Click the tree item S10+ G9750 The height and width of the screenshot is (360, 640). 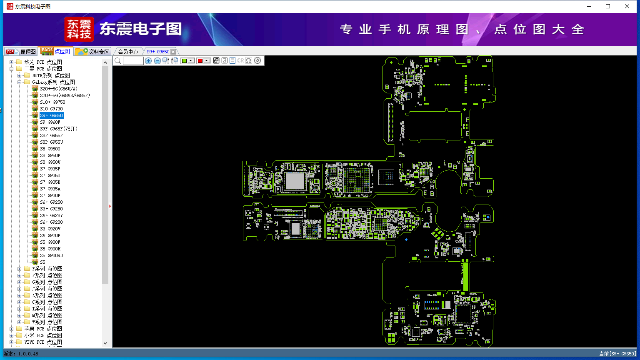pyautogui.click(x=52, y=102)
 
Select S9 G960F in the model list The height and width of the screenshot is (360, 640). pyautogui.click(x=50, y=122)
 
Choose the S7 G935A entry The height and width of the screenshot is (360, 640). pyautogui.click(x=50, y=189)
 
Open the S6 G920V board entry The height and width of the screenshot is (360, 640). pyautogui.click(x=50, y=229)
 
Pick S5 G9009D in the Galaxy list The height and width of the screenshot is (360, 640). pyautogui.click(x=51, y=255)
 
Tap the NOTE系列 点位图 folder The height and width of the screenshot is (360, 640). pyautogui.click(x=51, y=75)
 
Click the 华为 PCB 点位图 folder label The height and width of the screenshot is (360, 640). pyautogui.click(x=43, y=62)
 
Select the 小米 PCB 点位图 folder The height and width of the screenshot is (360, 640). pyautogui.click(x=43, y=335)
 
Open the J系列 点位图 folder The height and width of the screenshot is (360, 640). pyautogui.click(x=47, y=289)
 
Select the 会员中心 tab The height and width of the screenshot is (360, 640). pyautogui.click(x=128, y=52)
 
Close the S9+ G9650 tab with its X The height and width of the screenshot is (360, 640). pyautogui.click(x=173, y=52)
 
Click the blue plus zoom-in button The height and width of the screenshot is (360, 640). pyautogui.click(x=148, y=61)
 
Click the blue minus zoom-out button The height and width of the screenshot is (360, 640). pyautogui.click(x=157, y=61)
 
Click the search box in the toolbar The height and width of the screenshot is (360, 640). pyautogui.click(x=133, y=61)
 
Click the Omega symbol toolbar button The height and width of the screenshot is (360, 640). pyautogui.click(x=249, y=61)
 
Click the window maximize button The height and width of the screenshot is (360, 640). pyautogui.click(x=608, y=6)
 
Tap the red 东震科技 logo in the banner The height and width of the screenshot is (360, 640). pyautogui.click(x=79, y=29)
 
